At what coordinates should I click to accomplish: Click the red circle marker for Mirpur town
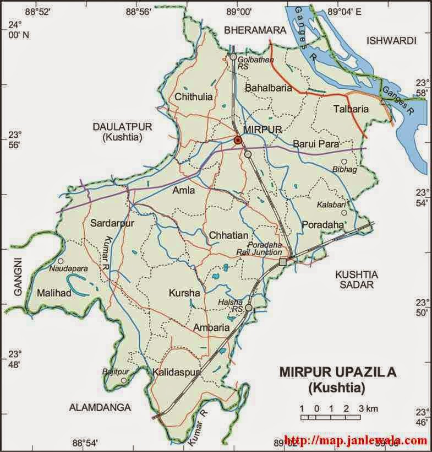[x=238, y=141]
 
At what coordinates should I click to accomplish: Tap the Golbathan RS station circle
[x=233, y=57]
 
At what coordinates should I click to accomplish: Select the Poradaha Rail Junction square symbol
[x=283, y=261]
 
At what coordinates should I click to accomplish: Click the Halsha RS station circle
[x=249, y=308]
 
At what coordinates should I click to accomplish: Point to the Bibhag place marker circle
[x=344, y=162]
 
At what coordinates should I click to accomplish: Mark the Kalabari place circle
[x=343, y=213]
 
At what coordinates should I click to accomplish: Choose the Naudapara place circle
[x=61, y=261]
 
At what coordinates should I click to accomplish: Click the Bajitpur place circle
[x=124, y=380]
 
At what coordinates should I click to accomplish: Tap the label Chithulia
[x=193, y=97]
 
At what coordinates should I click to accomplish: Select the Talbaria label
[x=351, y=109]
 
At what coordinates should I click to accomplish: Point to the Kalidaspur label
[x=176, y=372]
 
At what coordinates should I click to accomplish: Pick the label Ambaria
[x=211, y=327]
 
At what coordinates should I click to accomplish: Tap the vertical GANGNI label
[x=17, y=276]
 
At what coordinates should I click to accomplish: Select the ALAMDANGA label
[x=100, y=407]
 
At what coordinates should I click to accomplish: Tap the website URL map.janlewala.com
[x=357, y=441]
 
